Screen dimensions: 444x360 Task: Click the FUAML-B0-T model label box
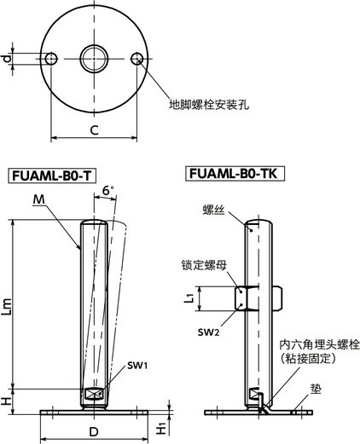coord(51,176)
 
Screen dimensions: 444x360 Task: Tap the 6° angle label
coord(107,189)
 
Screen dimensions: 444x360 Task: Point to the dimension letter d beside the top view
coord(7,58)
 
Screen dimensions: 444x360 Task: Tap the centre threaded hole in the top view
coord(94,58)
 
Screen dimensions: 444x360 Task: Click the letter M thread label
coord(39,200)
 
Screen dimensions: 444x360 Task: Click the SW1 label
coord(139,365)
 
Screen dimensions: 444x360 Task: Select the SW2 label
coord(209,331)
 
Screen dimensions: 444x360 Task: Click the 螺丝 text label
coord(213,208)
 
